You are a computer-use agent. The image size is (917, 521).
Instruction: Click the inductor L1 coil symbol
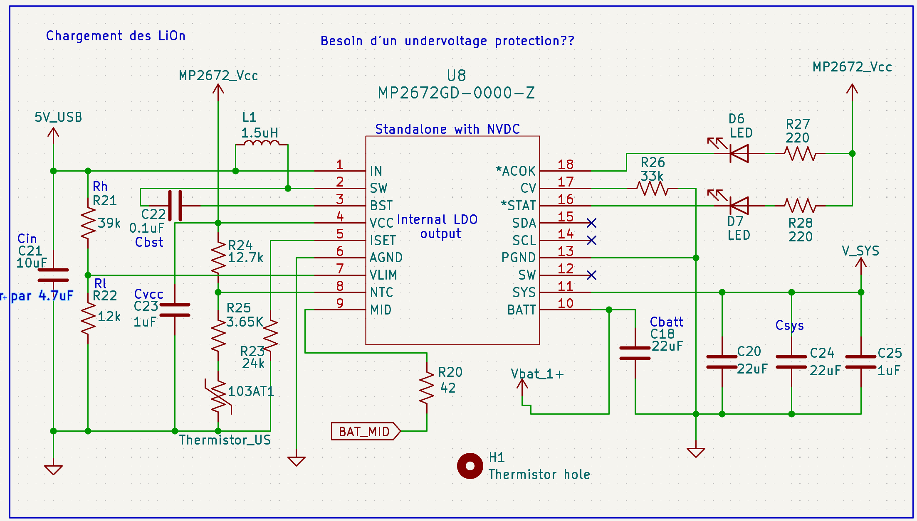pyautogui.click(x=261, y=143)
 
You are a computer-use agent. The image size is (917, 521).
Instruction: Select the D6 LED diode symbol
pyautogui.click(x=739, y=154)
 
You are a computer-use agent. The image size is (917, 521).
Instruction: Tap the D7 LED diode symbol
pyautogui.click(x=739, y=206)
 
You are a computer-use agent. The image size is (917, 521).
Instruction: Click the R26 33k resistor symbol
pyautogui.click(x=653, y=189)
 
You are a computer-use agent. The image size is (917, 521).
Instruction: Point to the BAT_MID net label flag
pyautogui.click(x=365, y=431)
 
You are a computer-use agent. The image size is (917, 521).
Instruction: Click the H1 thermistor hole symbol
pyautogui.click(x=470, y=466)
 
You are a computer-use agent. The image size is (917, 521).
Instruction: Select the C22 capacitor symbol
pyautogui.click(x=175, y=206)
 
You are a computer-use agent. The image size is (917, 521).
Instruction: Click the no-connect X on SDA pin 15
pyautogui.click(x=591, y=223)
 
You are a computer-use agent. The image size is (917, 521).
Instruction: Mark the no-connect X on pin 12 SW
pyautogui.click(x=591, y=275)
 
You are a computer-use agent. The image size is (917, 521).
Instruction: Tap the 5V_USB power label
pyautogui.click(x=58, y=118)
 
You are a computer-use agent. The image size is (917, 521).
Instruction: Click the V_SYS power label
pyautogui.click(x=860, y=251)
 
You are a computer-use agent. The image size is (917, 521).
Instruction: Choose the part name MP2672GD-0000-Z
pyautogui.click(x=456, y=93)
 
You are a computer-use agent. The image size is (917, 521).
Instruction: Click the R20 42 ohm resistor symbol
pyautogui.click(x=427, y=388)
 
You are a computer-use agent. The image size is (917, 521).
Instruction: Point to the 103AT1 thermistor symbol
pyautogui.click(x=218, y=397)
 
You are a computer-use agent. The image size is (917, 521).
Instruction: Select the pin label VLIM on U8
pyautogui.click(x=383, y=275)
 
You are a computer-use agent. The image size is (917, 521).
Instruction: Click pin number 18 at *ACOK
pyautogui.click(x=566, y=165)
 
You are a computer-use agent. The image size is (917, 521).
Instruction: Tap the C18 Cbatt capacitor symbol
pyautogui.click(x=635, y=353)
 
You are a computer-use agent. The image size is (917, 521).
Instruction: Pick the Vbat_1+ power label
pyautogui.click(x=537, y=374)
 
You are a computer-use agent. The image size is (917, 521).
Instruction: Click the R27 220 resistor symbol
pyautogui.click(x=800, y=154)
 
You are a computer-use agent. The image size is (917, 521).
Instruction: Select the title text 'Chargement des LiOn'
pyautogui.click(x=116, y=36)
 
